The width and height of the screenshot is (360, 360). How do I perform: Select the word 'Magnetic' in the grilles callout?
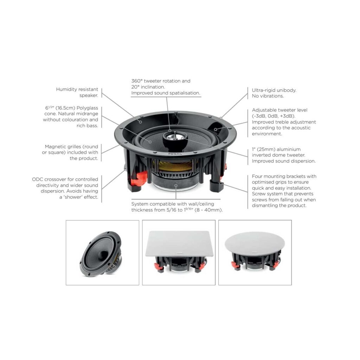point(56,147)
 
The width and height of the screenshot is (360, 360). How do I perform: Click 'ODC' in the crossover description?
point(38,179)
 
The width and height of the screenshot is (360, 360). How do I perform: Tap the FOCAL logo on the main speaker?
point(172,154)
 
